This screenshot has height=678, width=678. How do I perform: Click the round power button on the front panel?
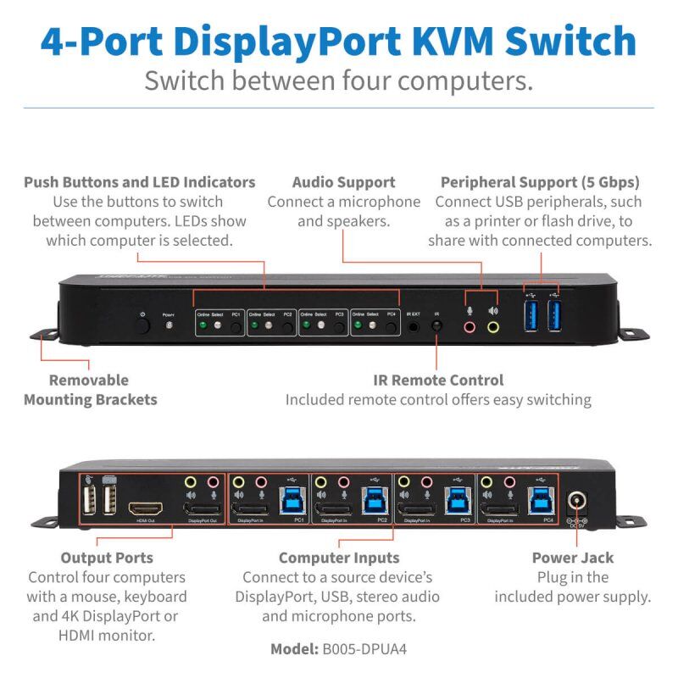(143, 325)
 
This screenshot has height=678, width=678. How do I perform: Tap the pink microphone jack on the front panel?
(469, 325)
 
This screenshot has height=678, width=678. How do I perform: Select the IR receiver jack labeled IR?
(437, 325)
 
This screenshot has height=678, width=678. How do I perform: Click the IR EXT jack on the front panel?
(414, 325)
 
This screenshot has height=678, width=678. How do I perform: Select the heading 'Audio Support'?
(343, 182)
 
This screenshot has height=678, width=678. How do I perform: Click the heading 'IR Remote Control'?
(438, 380)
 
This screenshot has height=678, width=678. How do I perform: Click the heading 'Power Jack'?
(573, 557)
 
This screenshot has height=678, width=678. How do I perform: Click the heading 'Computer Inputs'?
(339, 557)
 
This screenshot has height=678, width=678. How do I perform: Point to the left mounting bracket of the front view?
(42, 336)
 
